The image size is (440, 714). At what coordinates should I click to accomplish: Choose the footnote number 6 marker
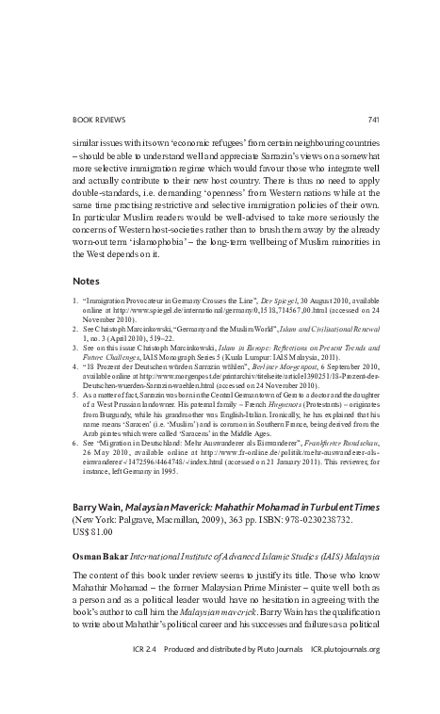click(76, 441)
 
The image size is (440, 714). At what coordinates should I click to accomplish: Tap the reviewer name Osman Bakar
click(103, 557)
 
